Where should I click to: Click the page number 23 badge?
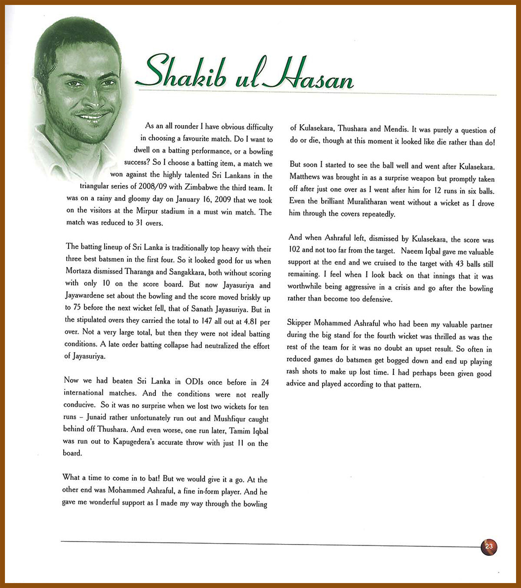click(489, 547)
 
